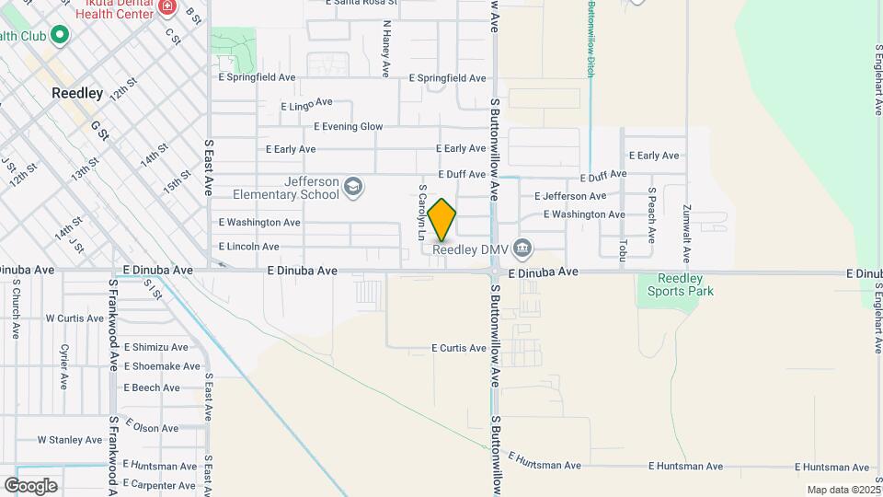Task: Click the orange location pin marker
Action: [442, 220]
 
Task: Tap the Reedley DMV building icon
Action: [522, 248]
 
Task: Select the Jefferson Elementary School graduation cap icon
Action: [352, 189]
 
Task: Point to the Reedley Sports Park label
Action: [681, 285]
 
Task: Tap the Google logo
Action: [30, 486]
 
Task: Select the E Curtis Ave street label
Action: [458, 349]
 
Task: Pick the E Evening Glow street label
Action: [349, 127]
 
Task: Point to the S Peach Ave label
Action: [651, 214]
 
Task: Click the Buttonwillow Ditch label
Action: [590, 38]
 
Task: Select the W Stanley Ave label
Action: [69, 440]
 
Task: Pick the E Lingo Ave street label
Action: [306, 105]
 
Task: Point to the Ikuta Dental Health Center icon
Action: [166, 7]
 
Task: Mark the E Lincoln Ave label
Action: [248, 247]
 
